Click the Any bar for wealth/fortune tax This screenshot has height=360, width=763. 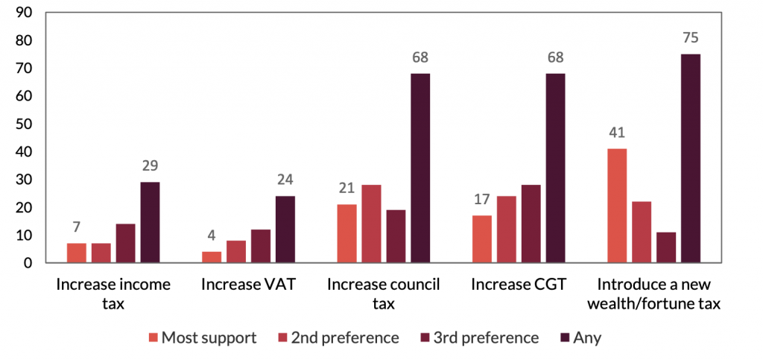pyautogui.click(x=691, y=158)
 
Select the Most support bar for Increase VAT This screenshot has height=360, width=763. pyautogui.click(x=212, y=257)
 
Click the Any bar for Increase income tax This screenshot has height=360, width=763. pyautogui.click(x=151, y=222)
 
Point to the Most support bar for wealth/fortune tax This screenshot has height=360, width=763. pyautogui.click(x=617, y=206)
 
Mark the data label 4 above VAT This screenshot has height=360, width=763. pyautogui.click(x=212, y=237)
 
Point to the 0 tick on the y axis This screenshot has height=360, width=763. pyautogui.click(x=27, y=263)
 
